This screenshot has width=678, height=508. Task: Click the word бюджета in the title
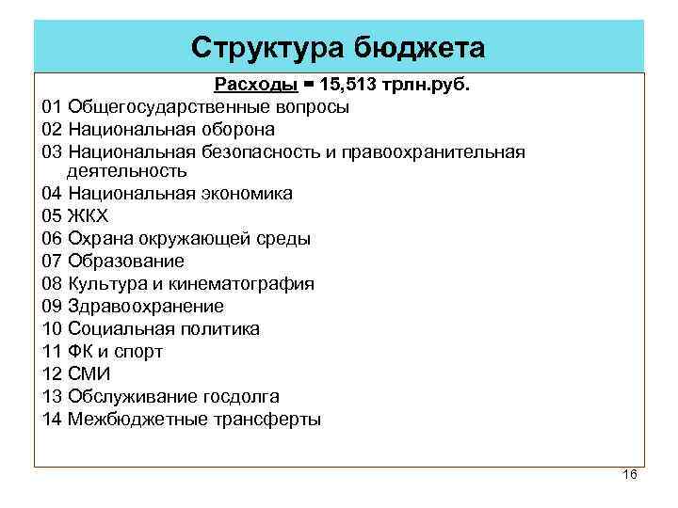[420, 47]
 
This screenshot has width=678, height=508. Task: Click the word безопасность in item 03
[257, 152]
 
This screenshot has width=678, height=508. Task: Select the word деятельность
[127, 171]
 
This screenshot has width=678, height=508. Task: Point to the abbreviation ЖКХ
[89, 216]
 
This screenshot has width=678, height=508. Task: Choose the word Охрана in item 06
[97, 239]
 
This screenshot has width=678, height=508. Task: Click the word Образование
[126, 262]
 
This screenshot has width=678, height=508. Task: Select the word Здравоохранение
[146, 307]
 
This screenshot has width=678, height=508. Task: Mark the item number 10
[52, 329]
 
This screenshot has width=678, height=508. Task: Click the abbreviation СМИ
[89, 374]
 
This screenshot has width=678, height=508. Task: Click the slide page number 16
[630, 474]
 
